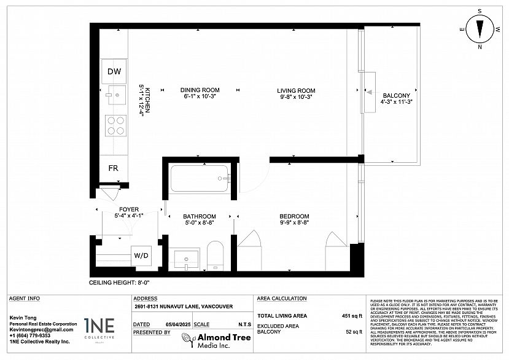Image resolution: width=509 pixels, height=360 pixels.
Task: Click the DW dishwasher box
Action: coord(114,72)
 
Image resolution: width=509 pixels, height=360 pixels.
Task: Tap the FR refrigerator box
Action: coord(114,168)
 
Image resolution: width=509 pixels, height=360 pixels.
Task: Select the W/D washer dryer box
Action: coord(141,255)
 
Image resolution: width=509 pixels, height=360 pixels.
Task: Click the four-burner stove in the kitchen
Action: coord(115,125)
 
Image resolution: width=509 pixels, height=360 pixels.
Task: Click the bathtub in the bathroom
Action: coord(200,179)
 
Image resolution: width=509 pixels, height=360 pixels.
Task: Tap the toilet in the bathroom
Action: coord(214,255)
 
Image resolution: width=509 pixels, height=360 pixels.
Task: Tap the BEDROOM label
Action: coord(294,216)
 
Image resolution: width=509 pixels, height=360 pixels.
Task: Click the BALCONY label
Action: coord(396,95)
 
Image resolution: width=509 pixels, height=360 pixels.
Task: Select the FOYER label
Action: coord(128,209)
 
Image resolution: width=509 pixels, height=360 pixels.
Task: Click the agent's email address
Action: coord(37,330)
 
